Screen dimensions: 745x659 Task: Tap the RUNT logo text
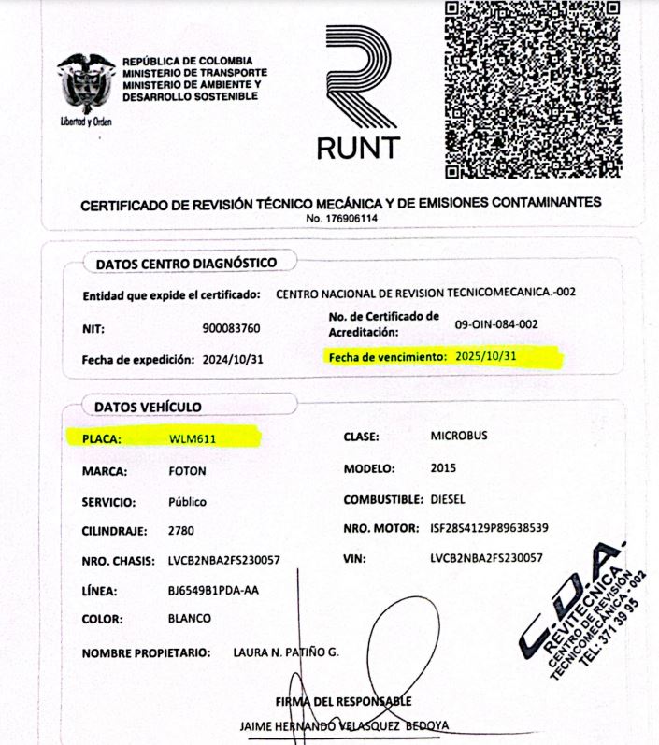(x=358, y=147)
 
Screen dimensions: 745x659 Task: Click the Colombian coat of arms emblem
(x=86, y=85)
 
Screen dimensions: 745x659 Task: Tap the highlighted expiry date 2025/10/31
(x=480, y=357)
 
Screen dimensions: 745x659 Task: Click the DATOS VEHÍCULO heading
(x=148, y=407)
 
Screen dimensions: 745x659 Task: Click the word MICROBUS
(x=459, y=436)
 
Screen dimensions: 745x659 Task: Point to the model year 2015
(x=444, y=467)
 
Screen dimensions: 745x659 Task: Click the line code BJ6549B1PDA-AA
(x=219, y=591)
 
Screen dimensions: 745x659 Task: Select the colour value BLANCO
(x=189, y=618)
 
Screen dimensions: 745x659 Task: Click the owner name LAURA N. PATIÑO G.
(x=285, y=651)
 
